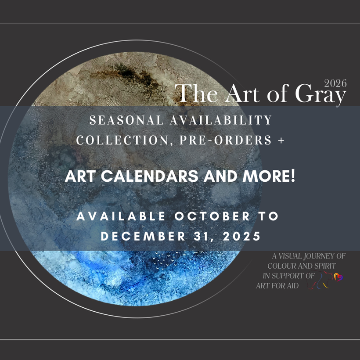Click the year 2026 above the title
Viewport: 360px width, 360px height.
[x=335, y=83]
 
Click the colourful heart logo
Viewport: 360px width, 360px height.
[x=337, y=277]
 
